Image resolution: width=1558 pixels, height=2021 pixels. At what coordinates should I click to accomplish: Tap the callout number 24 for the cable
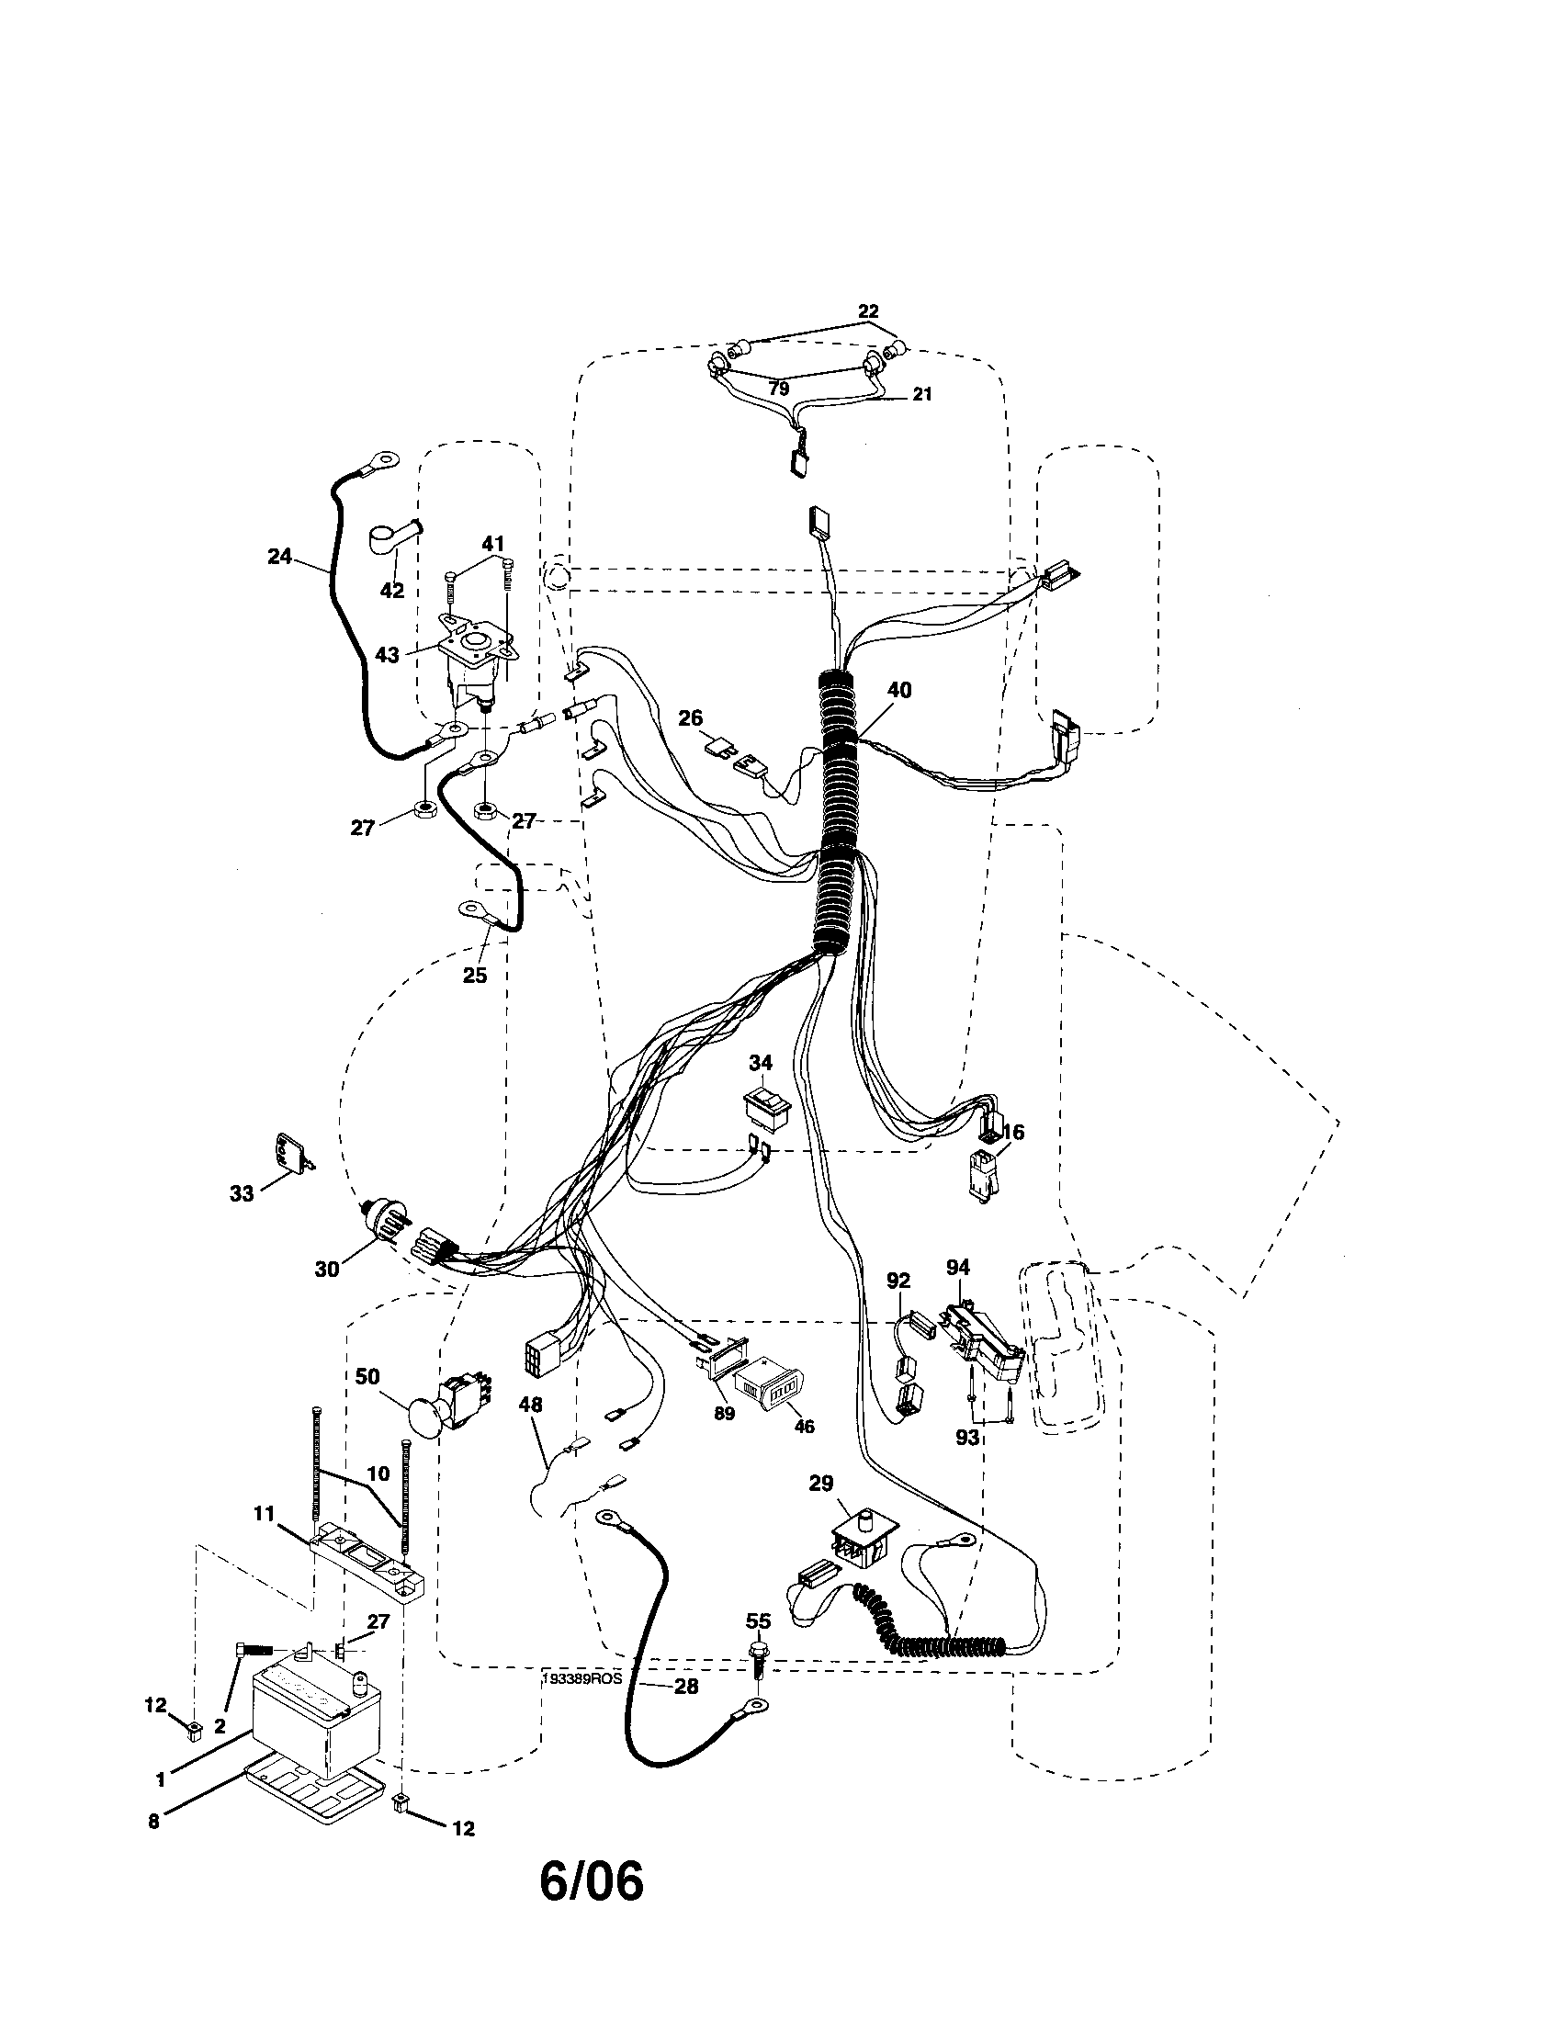pos(279,556)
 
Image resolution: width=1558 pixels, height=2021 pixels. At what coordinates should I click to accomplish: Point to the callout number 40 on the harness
pos(898,690)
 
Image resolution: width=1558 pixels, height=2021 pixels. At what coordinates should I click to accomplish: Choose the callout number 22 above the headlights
pos(868,310)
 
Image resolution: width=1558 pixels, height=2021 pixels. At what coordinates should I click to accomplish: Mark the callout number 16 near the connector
pos(1012,1132)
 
